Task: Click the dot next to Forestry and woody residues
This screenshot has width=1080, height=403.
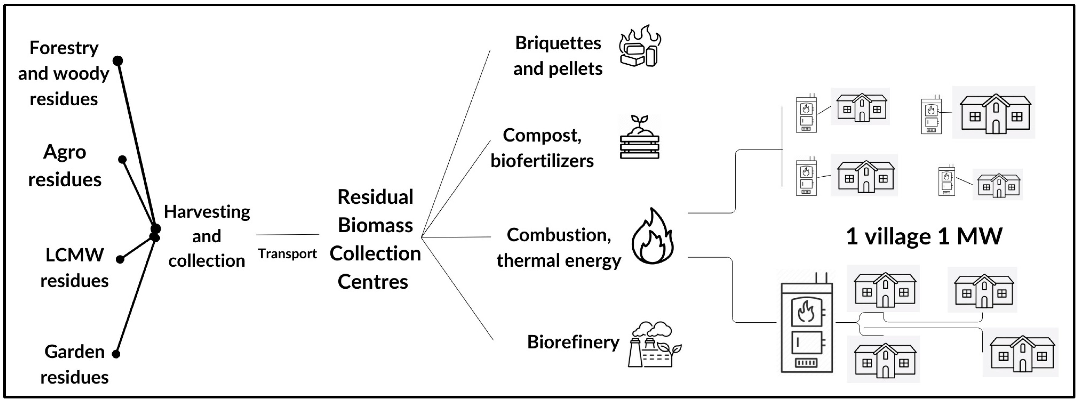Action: coord(118,61)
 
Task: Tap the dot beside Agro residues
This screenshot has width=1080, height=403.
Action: coord(122,160)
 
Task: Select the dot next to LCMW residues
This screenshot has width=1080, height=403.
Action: coord(120,259)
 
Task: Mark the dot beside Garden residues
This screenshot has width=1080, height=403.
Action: coord(116,354)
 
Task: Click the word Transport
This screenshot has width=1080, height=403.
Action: coord(287,254)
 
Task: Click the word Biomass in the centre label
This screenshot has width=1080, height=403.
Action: coord(375,225)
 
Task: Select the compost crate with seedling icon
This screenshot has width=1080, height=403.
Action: coord(639,137)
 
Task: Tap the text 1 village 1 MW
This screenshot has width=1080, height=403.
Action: coord(924,236)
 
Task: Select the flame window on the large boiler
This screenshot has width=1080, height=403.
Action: coord(806,312)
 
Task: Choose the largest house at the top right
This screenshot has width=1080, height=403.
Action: coord(995,113)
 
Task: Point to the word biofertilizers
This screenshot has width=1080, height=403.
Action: coord(542,161)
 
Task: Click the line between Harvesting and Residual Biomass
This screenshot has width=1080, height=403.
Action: coord(287,234)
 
